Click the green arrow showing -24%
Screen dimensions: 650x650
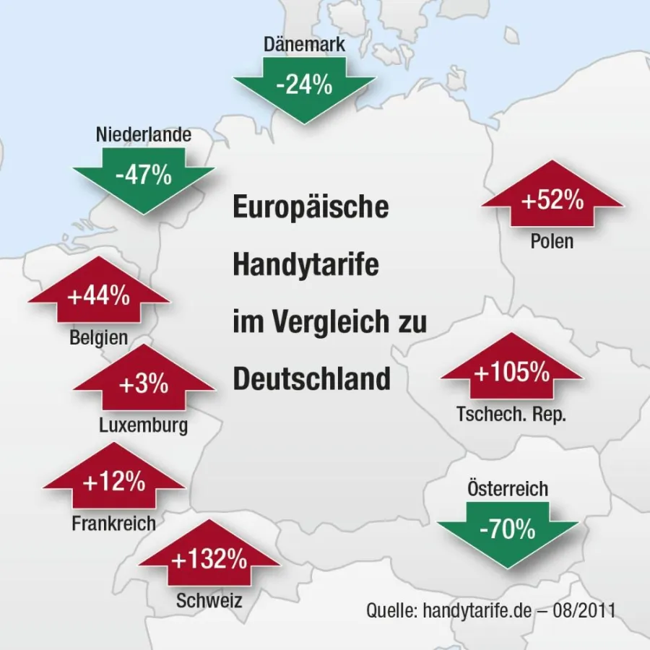(x=304, y=87)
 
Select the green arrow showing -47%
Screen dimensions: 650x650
(x=144, y=176)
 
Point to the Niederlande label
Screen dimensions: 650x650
(x=144, y=135)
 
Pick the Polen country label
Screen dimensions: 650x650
(x=552, y=241)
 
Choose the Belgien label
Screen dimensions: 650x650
(x=99, y=337)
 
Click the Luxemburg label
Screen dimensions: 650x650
(x=144, y=425)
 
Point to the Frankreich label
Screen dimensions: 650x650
(x=114, y=523)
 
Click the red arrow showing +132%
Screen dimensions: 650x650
(x=209, y=558)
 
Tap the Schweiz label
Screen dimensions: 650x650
(x=209, y=599)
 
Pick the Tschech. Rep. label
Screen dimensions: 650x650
(x=512, y=415)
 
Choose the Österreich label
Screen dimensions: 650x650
(x=508, y=489)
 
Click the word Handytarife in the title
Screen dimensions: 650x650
(x=305, y=265)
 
